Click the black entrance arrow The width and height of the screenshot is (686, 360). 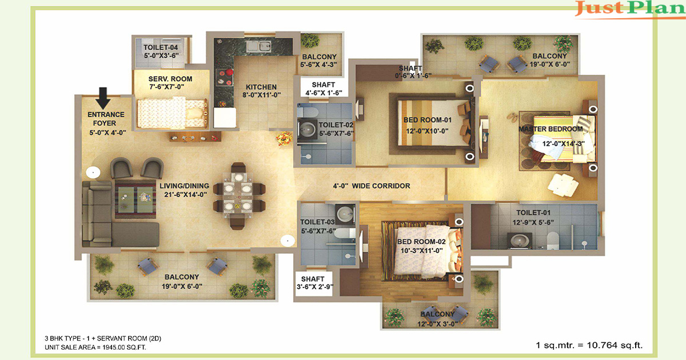pyautogui.click(x=103, y=98)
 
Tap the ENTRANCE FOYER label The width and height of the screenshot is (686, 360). pyautogui.click(x=106, y=119)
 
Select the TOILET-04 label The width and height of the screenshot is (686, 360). pyautogui.click(x=161, y=47)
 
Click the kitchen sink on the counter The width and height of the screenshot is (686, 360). pyautogui.click(x=259, y=46)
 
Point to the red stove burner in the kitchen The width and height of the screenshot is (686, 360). pyautogui.click(x=229, y=72)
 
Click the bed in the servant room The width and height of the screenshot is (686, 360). pyautogui.click(x=173, y=113)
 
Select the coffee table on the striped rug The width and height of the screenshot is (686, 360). pyautogui.click(x=135, y=199)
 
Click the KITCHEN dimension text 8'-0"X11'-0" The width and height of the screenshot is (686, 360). pyautogui.click(x=262, y=95)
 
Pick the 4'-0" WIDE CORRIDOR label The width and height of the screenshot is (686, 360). pyautogui.click(x=372, y=186)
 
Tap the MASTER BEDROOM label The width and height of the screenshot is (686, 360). pyautogui.click(x=551, y=129)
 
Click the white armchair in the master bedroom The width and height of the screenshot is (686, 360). pyautogui.click(x=563, y=185)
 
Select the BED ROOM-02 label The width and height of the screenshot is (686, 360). pyautogui.click(x=421, y=242)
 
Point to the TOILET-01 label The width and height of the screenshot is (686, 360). pyautogui.click(x=533, y=213)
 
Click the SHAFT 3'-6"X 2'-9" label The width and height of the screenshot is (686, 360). pyautogui.click(x=314, y=283)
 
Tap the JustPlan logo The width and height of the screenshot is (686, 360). pyautogui.click(x=629, y=9)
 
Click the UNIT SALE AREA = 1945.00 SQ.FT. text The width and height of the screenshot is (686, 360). pyautogui.click(x=95, y=347)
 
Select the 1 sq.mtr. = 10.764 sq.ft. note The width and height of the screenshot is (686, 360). pyautogui.click(x=589, y=345)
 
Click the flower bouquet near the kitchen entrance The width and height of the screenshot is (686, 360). pyautogui.click(x=284, y=138)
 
